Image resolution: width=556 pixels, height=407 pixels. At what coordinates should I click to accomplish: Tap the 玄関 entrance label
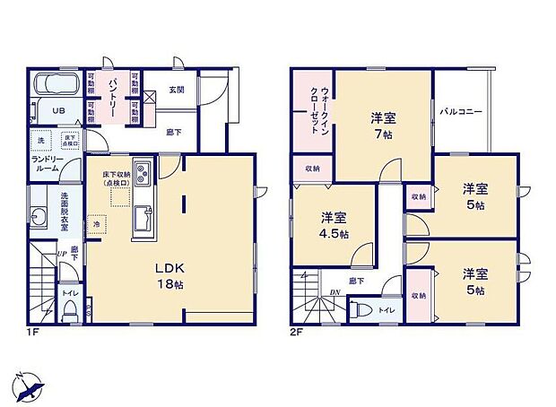[x=176, y=89]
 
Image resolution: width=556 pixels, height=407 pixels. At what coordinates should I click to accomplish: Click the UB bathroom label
[x=56, y=110]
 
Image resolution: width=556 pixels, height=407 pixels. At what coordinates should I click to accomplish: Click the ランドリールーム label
[x=46, y=164]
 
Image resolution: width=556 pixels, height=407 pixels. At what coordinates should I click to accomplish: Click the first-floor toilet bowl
[x=70, y=309]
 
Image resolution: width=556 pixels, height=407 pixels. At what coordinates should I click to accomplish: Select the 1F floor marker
[x=33, y=332]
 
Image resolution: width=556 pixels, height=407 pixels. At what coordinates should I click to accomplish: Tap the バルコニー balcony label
[x=461, y=112]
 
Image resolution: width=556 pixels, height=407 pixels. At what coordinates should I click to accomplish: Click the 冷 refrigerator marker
[x=95, y=224]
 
